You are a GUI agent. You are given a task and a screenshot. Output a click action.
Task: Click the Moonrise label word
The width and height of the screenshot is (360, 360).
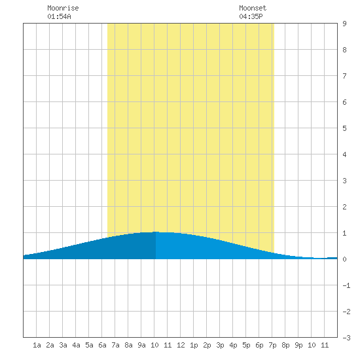click(63, 8)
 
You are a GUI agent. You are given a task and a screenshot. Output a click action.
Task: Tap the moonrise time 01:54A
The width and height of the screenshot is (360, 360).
click(59, 16)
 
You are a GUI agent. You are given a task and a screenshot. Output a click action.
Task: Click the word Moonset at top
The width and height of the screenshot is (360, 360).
click(253, 8)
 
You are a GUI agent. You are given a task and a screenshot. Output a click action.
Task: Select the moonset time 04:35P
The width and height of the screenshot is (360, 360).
click(251, 16)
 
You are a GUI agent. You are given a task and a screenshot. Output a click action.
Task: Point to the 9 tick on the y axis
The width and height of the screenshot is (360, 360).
click(344, 24)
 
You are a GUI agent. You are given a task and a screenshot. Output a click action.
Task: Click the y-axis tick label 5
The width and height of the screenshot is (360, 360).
click(344, 128)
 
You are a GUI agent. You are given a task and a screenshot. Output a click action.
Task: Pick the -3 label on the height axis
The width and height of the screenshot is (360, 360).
click(346, 338)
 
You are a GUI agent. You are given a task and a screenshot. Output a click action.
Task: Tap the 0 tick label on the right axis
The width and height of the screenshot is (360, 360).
click(344, 259)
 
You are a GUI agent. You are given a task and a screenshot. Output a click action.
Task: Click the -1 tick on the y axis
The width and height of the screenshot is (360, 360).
click(346, 285)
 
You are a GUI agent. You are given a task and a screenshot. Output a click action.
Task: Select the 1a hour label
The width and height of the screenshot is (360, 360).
click(37, 345)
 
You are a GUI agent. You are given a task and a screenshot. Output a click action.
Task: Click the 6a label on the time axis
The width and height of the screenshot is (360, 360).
click(102, 345)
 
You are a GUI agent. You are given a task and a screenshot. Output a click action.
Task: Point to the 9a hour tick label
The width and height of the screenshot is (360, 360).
click(141, 345)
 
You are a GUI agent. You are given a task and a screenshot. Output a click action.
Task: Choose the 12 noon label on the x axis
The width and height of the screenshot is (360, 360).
click(181, 345)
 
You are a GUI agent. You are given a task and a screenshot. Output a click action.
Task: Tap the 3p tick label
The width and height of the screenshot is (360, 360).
click(220, 345)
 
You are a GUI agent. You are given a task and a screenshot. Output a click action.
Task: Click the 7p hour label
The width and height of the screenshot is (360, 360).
click(272, 345)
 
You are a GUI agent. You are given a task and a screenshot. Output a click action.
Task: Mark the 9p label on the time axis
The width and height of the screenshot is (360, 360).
click(298, 345)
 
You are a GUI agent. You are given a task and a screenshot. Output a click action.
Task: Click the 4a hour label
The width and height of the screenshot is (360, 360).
click(76, 345)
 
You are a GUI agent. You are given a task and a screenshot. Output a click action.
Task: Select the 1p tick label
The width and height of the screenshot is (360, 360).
click(194, 345)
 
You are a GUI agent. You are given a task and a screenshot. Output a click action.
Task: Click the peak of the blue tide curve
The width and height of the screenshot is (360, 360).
click(156, 232)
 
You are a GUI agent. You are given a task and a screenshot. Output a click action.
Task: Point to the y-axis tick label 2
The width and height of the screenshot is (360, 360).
click(344, 207)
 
